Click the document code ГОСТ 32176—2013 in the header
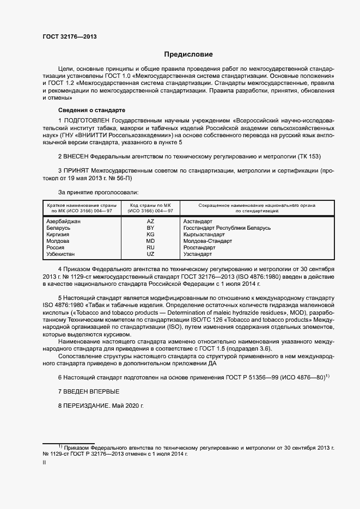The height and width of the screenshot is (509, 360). pos(69,37)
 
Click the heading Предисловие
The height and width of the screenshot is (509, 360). pos(188,54)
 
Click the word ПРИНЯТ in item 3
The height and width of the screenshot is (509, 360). pos(76,171)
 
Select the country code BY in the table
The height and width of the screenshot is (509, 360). pos(150,228)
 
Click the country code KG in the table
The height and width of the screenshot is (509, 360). pos(150,235)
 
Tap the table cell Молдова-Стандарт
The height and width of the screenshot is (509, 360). pos(208,241)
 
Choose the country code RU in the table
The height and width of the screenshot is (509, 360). pos(150,248)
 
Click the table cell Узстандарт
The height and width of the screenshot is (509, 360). pos(198,254)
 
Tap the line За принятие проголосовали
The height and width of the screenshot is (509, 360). pos(98,192)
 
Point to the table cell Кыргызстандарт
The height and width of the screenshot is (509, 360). pos(204,235)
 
